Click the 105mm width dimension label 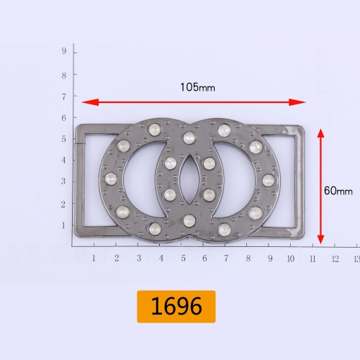click(197, 87)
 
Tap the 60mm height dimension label click(338, 191)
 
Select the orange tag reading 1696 click(176, 307)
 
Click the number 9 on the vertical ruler click(64, 51)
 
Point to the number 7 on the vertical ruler click(64, 96)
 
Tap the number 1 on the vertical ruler click(63, 225)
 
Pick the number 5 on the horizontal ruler click(184, 258)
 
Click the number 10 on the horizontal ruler click(291, 258)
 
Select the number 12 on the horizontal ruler click(335, 258)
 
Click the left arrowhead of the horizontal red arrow click(90, 102)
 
